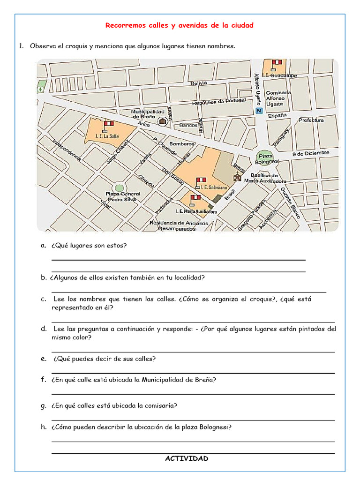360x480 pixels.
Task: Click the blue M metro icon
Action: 259,111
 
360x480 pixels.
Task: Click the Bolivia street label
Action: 199,83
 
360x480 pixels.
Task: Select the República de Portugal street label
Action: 219,102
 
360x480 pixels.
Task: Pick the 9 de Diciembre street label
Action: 311,153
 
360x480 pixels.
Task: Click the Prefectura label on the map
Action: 311,120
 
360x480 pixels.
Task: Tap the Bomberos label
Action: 182,143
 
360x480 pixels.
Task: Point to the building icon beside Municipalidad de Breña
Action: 162,121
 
